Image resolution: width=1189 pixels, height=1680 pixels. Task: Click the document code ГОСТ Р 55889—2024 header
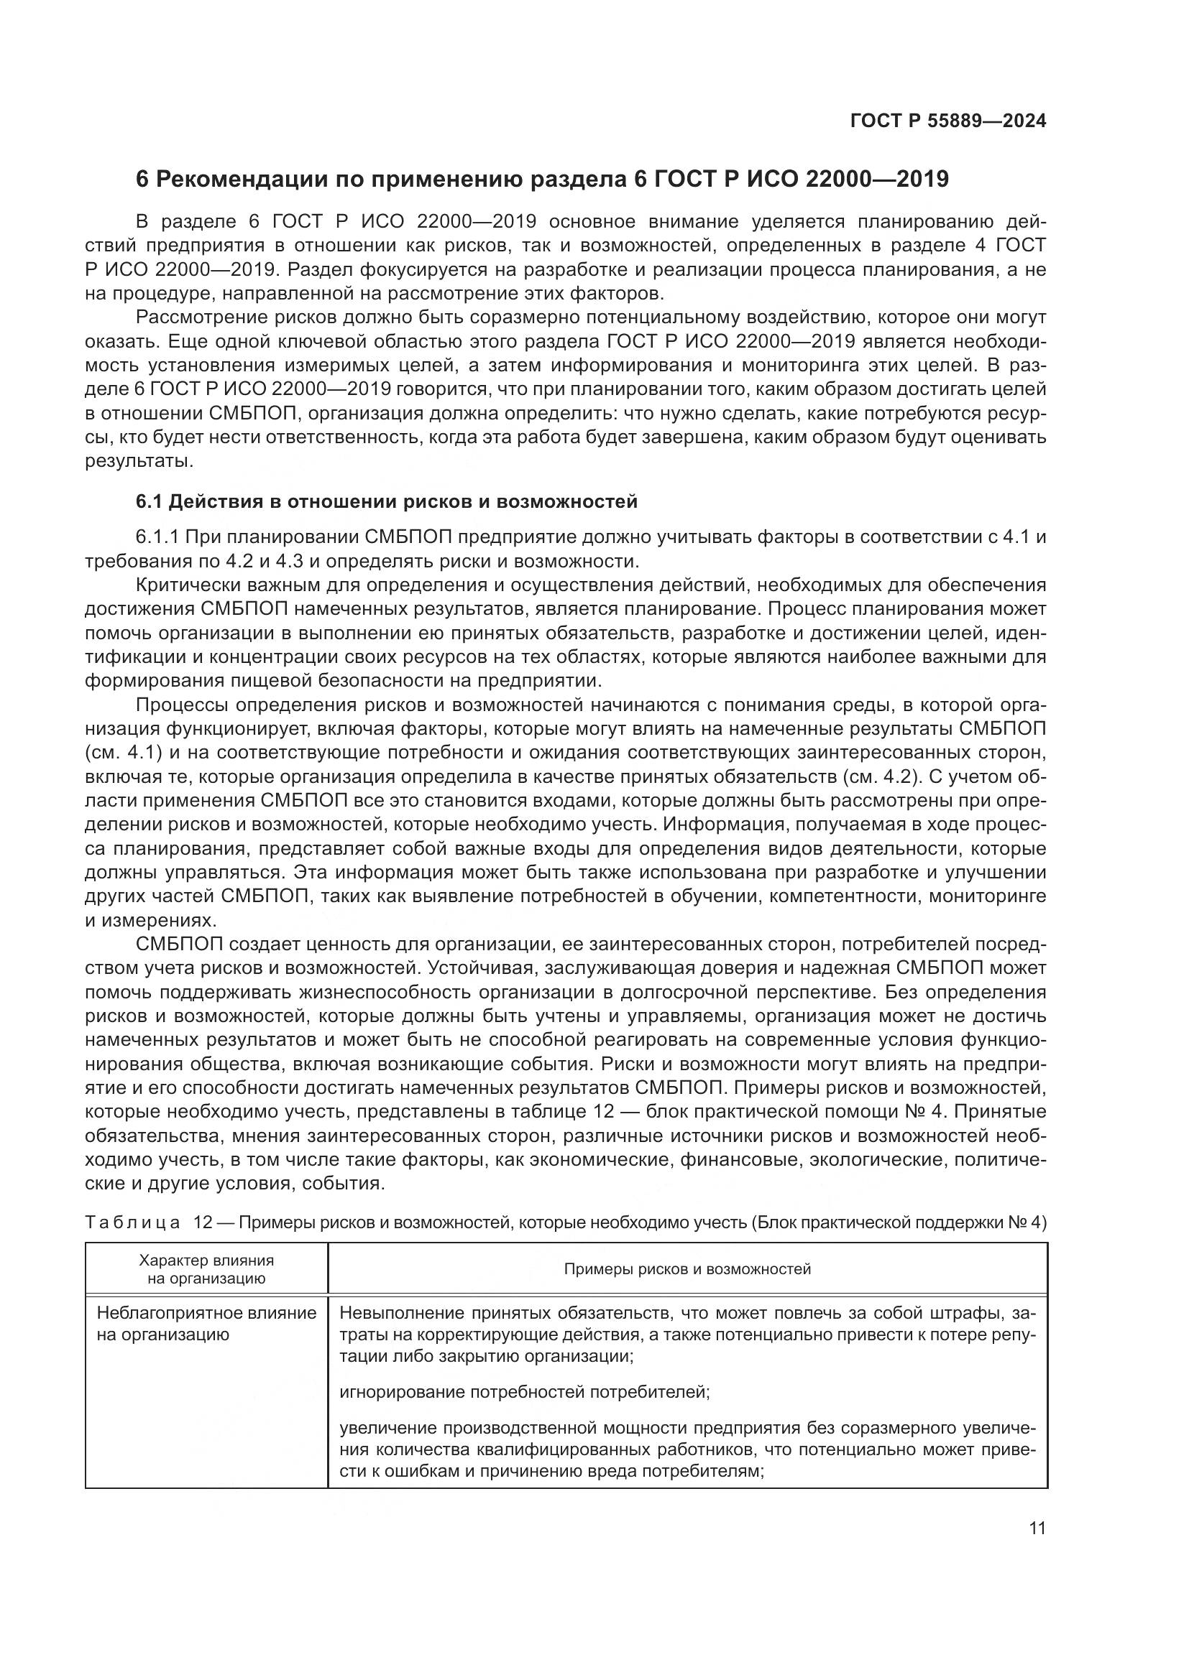947,121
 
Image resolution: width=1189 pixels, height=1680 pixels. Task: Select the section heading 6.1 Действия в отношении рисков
387,501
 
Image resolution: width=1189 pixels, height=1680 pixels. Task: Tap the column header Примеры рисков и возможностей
687,1268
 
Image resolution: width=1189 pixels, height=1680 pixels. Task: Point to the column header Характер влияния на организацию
206,1268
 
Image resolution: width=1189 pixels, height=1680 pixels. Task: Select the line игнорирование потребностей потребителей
524,1392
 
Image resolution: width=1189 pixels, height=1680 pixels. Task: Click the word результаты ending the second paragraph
139,462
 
